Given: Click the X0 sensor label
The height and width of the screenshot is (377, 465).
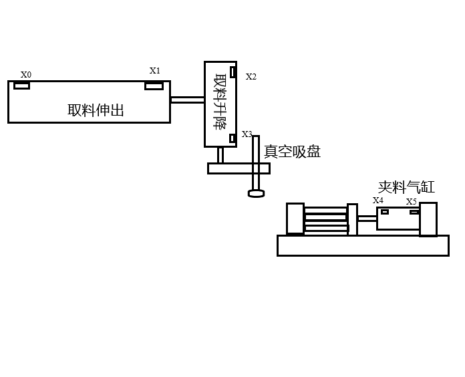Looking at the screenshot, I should click(x=26, y=75).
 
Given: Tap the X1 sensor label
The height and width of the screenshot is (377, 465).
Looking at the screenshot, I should click(x=155, y=70).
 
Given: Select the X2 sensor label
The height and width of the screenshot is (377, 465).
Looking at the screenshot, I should click(x=251, y=77).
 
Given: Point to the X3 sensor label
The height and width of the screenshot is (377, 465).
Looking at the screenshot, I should click(x=247, y=134).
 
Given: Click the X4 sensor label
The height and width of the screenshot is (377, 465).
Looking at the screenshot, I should click(x=378, y=200).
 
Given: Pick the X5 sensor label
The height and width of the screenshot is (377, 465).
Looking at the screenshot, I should click(x=412, y=201).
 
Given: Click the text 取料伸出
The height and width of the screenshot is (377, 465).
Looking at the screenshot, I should click(x=96, y=110).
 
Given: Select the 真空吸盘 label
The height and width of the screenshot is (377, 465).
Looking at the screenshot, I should click(x=292, y=152).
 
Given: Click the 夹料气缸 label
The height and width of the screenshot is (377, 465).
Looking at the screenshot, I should click(x=406, y=187).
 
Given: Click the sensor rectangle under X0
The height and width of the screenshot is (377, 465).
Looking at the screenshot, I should click(x=22, y=86).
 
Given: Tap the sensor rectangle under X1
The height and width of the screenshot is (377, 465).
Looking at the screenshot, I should click(x=154, y=86).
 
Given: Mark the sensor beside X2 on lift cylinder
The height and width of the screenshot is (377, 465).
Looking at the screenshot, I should click(x=232, y=72).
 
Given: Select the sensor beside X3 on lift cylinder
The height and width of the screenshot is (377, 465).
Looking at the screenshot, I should click(x=232, y=138).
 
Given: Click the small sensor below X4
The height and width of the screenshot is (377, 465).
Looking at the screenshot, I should click(x=385, y=212).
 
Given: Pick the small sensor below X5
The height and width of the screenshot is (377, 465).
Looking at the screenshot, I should click(x=414, y=212).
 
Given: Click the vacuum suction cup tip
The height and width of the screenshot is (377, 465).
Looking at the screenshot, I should click(x=256, y=194).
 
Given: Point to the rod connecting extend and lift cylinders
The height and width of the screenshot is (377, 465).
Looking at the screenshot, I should click(x=187, y=100).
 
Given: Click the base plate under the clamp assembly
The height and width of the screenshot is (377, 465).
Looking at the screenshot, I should click(x=363, y=245).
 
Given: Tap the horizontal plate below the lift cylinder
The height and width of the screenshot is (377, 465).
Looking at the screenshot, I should click(x=239, y=168).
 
